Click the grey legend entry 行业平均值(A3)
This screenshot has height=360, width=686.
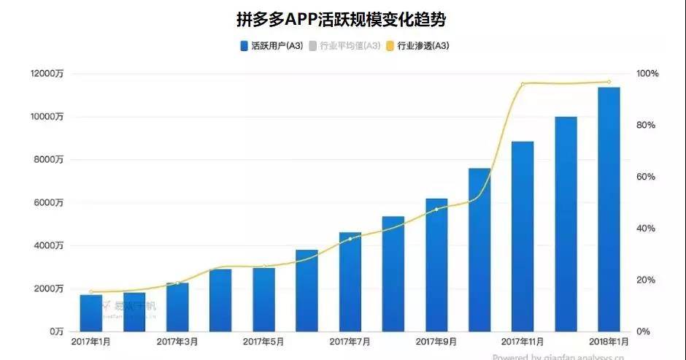pos(344,46)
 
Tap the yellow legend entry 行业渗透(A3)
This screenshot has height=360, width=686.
pos(417,46)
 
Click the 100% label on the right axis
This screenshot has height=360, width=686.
pos(647,74)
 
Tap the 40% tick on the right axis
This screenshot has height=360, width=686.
pos(646,229)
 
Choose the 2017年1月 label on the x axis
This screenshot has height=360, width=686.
pos(91,342)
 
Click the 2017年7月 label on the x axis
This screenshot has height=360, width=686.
pos(350,342)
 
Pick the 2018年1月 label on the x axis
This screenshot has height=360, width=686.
pos(609,342)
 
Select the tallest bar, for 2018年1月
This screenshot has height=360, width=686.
pos(609,212)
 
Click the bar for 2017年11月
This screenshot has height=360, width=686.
pos(523,237)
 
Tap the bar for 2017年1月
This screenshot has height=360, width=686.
pos(91,314)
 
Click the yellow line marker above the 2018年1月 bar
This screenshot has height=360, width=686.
pos(609,82)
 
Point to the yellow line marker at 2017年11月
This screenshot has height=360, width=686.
pos(523,84)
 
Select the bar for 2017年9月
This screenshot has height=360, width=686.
pos(436,267)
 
